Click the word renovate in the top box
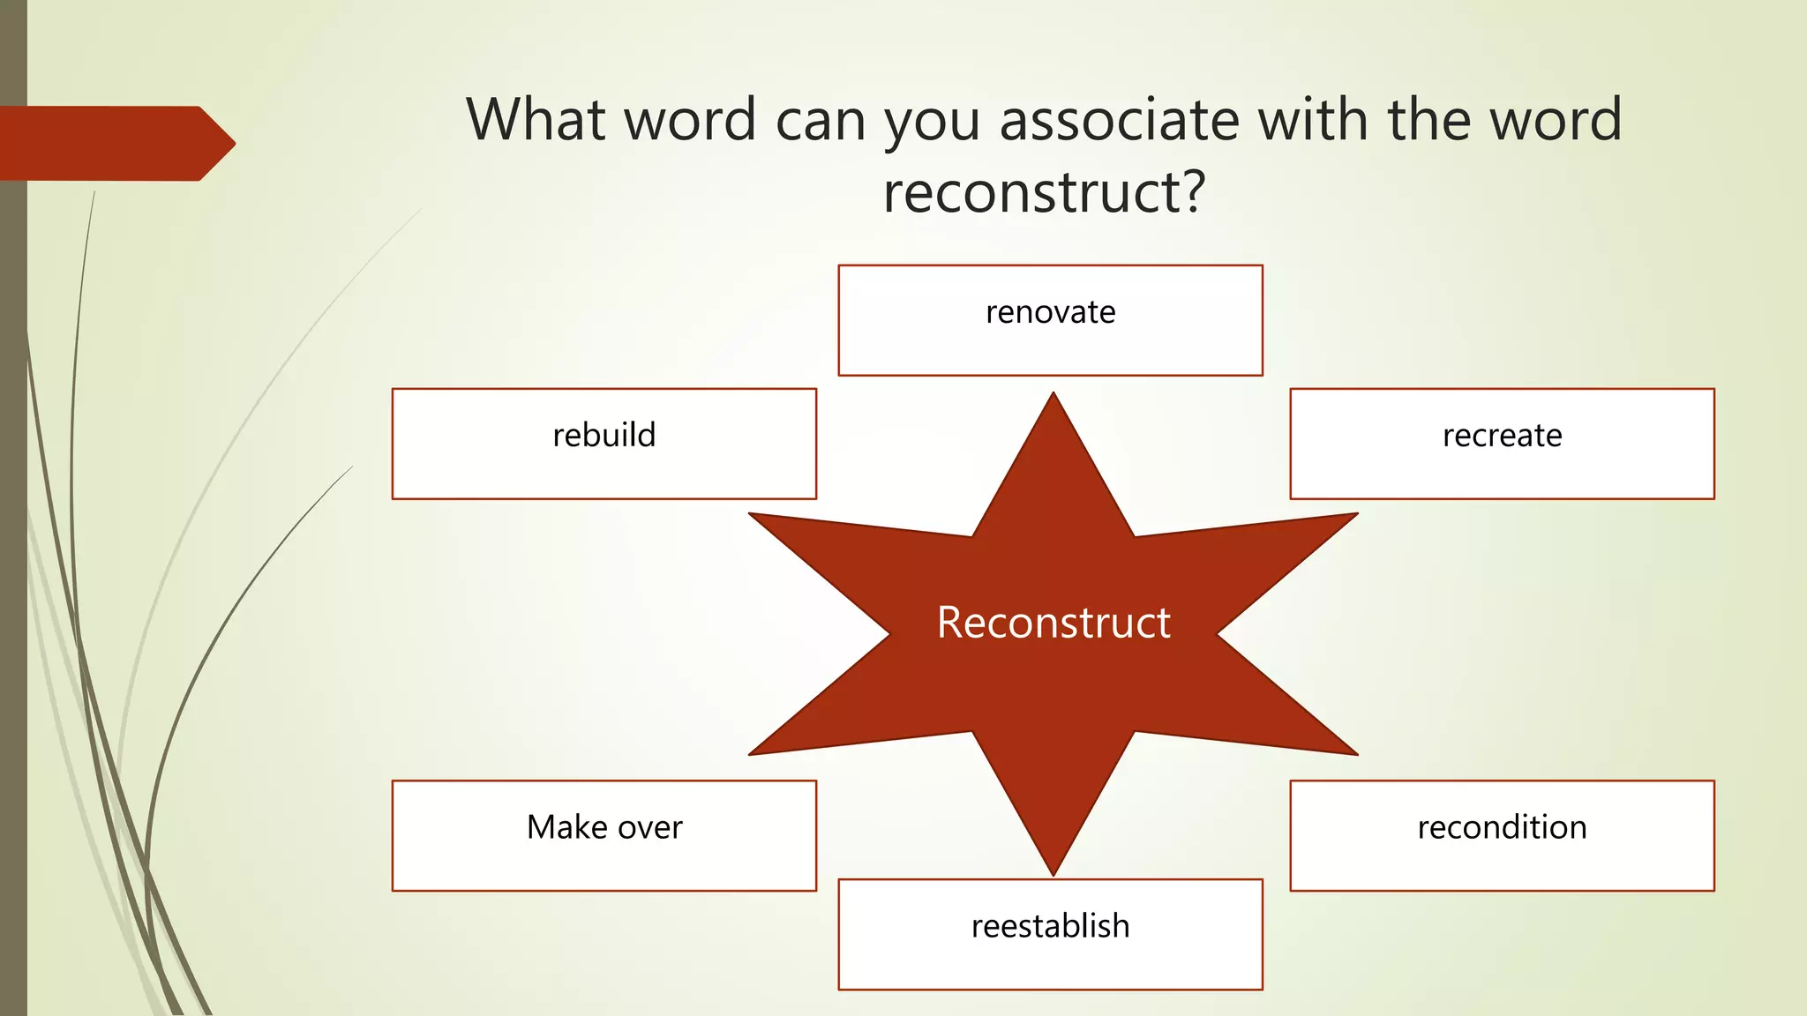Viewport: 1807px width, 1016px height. (1050, 312)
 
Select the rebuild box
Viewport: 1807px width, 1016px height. (604, 444)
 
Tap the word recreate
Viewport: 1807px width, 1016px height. (1502, 436)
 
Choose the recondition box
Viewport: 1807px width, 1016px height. (1502, 835)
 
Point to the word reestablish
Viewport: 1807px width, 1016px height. (1050, 926)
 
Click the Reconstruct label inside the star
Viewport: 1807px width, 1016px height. (1053, 623)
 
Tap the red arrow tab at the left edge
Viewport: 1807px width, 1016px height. (115, 143)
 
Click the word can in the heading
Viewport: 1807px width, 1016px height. (820, 122)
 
